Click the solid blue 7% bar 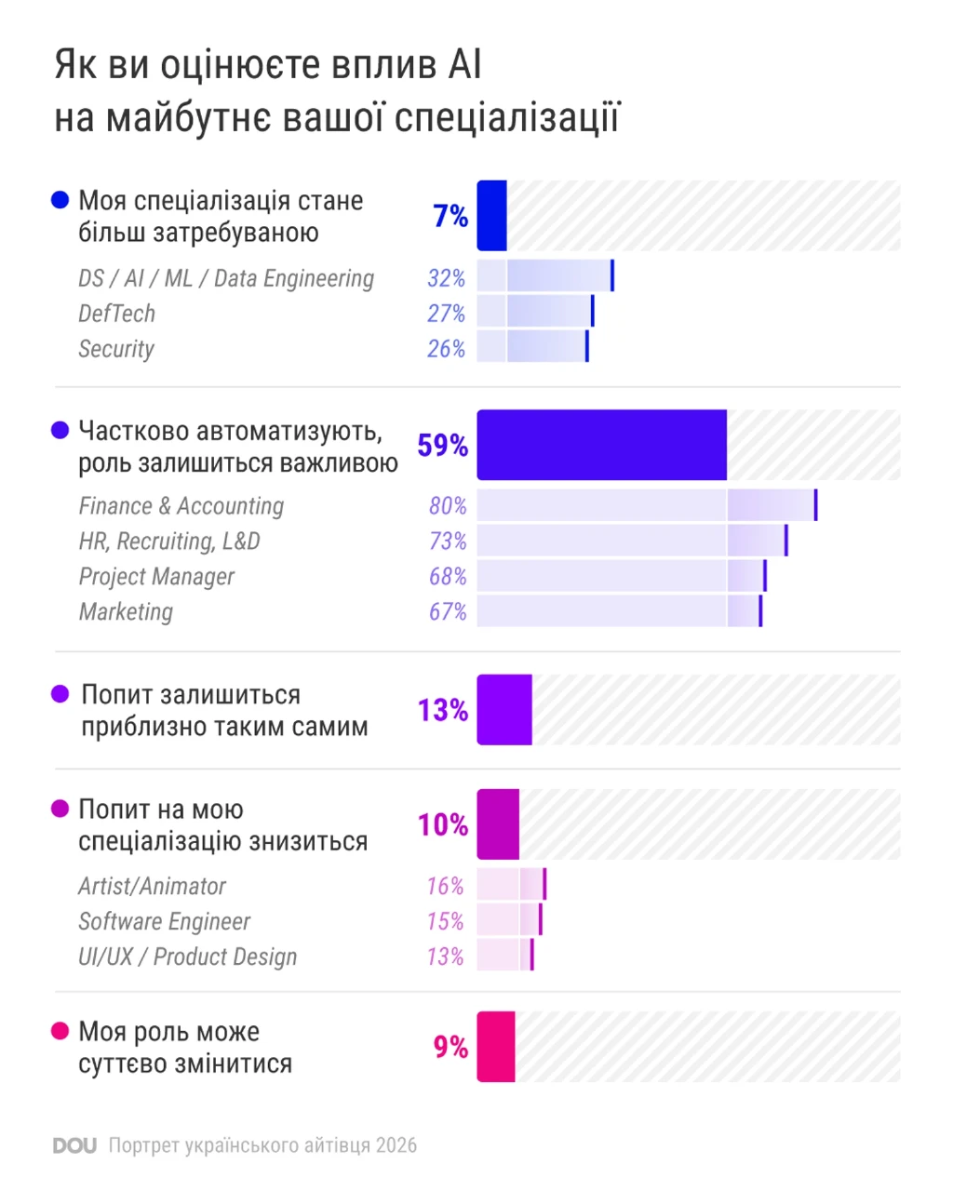pyautogui.click(x=491, y=215)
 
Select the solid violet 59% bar pyautogui.click(x=602, y=445)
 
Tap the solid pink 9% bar pyautogui.click(x=496, y=1047)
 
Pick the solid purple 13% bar pyautogui.click(x=504, y=710)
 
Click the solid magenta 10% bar pyautogui.click(x=499, y=824)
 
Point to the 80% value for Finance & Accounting pyautogui.click(x=448, y=506)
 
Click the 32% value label pyautogui.click(x=446, y=278)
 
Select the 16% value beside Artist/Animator pyautogui.click(x=445, y=886)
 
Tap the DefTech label pyautogui.click(x=117, y=314)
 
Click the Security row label pyautogui.click(x=116, y=349)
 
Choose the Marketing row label pyautogui.click(x=126, y=612)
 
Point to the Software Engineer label pyautogui.click(x=164, y=921)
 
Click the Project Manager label pyautogui.click(x=156, y=577)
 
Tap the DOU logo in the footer pyautogui.click(x=74, y=1145)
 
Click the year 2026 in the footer pyautogui.click(x=396, y=1145)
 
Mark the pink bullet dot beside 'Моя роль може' pyautogui.click(x=60, y=1031)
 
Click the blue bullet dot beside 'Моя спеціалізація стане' pyautogui.click(x=60, y=200)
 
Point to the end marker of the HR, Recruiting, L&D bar pyautogui.click(x=786, y=541)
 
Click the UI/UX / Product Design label pyautogui.click(x=188, y=957)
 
